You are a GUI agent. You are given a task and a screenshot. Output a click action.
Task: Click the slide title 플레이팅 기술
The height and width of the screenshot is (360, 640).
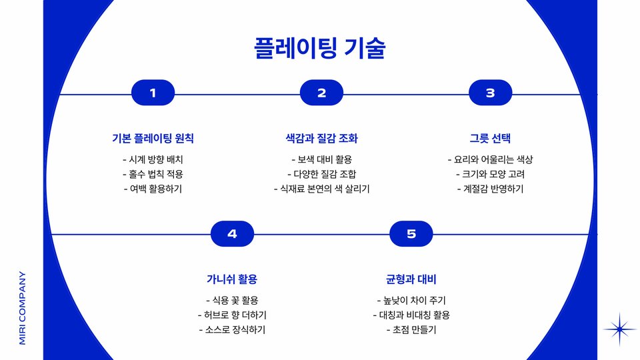click(x=320, y=49)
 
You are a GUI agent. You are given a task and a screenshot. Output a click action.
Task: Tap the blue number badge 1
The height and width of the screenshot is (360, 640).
click(x=153, y=93)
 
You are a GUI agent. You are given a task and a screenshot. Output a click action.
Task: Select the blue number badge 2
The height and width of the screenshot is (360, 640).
click(x=321, y=93)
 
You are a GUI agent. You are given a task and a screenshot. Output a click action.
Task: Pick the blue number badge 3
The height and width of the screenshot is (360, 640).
click(x=490, y=93)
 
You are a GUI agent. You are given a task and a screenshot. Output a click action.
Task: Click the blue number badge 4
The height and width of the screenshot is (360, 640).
click(x=232, y=233)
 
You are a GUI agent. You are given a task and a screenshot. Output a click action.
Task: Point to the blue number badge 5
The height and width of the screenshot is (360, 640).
click(x=411, y=233)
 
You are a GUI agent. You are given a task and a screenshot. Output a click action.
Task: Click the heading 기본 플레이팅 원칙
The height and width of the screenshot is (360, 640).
click(x=153, y=139)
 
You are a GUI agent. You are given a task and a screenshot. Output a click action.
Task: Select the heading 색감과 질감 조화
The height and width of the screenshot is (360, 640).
click(x=321, y=139)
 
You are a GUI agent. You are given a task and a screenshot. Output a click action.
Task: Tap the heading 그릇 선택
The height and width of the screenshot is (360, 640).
click(x=490, y=139)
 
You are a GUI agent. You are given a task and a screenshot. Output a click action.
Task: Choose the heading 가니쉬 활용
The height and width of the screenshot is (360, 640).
click(x=232, y=279)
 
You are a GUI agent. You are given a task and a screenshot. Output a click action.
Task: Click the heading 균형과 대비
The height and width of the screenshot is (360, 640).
click(x=411, y=279)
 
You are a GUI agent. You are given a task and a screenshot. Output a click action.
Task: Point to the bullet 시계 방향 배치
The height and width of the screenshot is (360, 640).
click(x=153, y=160)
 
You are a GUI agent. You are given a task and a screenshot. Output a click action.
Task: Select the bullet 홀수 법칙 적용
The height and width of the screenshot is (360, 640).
click(x=153, y=174)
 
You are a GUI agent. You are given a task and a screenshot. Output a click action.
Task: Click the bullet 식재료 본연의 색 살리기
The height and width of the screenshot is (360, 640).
click(x=321, y=189)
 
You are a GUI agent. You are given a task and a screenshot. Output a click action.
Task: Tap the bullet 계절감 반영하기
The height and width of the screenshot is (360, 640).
click(x=490, y=189)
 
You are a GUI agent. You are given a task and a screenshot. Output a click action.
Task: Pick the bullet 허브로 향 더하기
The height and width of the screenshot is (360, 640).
click(x=232, y=315)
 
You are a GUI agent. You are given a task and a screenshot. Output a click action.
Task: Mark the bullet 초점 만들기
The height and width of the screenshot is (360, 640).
click(x=411, y=329)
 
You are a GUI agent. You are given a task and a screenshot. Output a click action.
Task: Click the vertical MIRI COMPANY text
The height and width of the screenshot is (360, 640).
click(x=22, y=307)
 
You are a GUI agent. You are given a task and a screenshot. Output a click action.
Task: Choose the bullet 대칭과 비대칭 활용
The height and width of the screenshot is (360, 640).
click(x=411, y=315)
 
